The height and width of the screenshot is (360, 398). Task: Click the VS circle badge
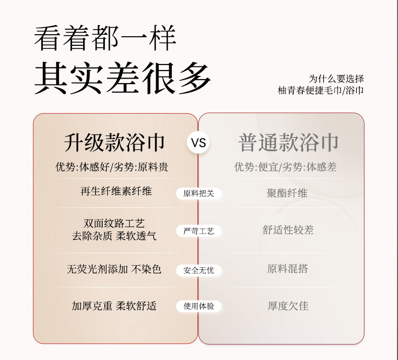(x=198, y=143)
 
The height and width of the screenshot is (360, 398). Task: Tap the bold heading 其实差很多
(x=122, y=78)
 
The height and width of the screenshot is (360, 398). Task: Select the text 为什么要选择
(x=336, y=79)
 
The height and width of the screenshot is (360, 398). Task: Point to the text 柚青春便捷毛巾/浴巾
(x=320, y=90)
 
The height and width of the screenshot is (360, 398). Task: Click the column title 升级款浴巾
(x=115, y=143)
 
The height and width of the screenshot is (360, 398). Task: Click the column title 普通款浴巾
(x=288, y=143)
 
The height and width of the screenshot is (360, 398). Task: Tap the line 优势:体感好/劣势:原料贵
(x=112, y=167)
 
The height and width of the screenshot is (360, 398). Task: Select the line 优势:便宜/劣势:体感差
(x=285, y=167)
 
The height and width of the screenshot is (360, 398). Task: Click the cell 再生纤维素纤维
(x=116, y=191)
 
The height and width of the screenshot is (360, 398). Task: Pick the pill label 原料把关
(x=198, y=193)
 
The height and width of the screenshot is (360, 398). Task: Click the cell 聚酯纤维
(x=287, y=193)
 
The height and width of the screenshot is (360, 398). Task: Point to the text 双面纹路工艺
(x=114, y=224)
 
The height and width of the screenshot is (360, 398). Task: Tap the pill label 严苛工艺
(x=198, y=231)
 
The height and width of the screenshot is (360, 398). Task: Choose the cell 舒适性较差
(x=288, y=230)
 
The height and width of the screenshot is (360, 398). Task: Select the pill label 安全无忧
(x=198, y=270)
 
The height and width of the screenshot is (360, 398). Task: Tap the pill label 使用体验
(x=198, y=306)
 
